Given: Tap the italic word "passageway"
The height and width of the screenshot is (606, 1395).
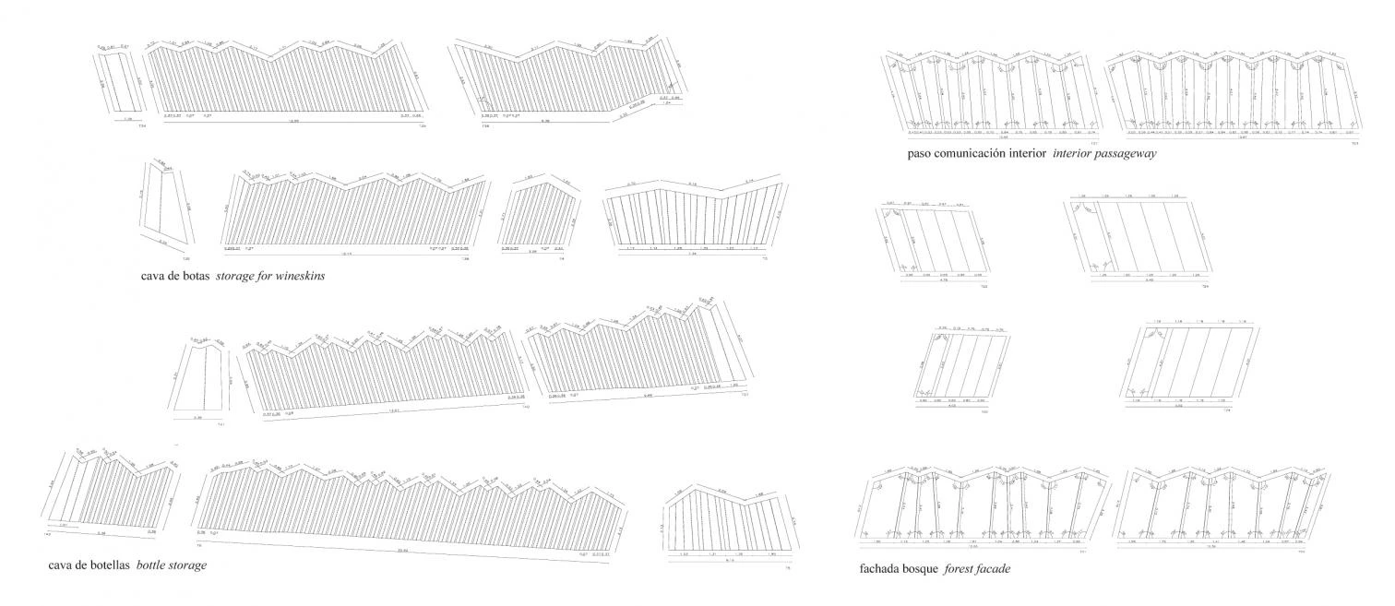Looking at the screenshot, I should (x=1127, y=154).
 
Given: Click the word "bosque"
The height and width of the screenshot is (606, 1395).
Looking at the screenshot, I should (x=924, y=570).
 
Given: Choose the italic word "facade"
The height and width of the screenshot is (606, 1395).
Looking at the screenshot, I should (x=996, y=570).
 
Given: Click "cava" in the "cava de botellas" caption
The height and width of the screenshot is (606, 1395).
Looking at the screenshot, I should (x=62, y=564).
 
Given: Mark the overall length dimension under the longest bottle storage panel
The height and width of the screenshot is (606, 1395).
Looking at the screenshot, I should (x=402, y=550).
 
